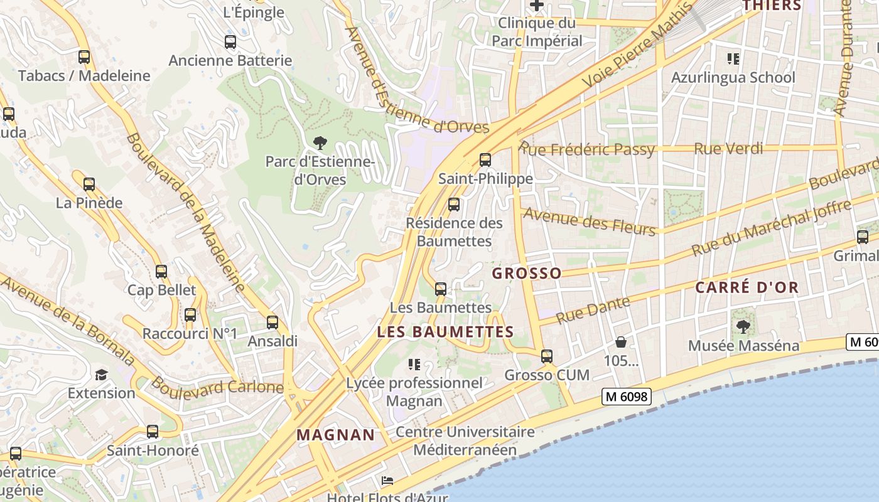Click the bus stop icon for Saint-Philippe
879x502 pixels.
click(x=485, y=159)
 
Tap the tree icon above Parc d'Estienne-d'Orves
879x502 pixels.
click(x=320, y=142)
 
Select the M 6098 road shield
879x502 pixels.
click(x=626, y=397)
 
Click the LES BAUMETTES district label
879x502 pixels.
click(x=445, y=332)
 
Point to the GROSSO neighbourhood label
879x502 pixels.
click(x=527, y=274)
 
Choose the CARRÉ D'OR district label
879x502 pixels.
click(x=747, y=288)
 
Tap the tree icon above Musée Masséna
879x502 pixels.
click(x=743, y=326)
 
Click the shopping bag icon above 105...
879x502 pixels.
click(x=621, y=342)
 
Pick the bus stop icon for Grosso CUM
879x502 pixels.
click(x=547, y=356)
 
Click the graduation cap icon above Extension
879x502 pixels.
click(x=101, y=375)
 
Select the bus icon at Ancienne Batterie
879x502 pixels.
click(x=230, y=42)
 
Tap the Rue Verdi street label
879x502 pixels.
click(x=728, y=149)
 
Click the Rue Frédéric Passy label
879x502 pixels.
click(x=587, y=149)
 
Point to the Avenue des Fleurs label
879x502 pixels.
click(x=589, y=220)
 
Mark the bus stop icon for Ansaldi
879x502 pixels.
click(x=272, y=323)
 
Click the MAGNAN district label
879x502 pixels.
click(x=335, y=434)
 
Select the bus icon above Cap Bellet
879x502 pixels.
click(x=161, y=272)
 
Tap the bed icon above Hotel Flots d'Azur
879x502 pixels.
click(x=387, y=481)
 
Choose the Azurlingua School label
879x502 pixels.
click(x=733, y=78)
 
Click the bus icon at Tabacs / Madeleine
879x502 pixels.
click(x=84, y=57)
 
